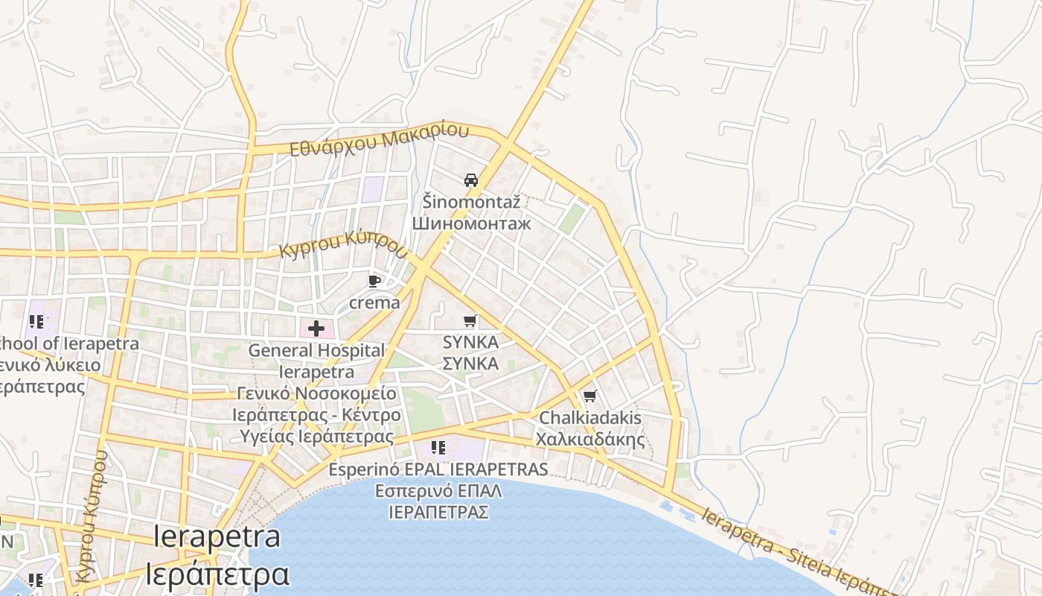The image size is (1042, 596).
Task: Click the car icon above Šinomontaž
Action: click(x=470, y=180)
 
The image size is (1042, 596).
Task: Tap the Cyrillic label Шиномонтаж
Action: click(x=471, y=223)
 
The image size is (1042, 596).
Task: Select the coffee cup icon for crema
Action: click(x=374, y=282)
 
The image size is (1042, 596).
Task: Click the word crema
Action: click(x=374, y=302)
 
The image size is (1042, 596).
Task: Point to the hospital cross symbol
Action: click(x=316, y=328)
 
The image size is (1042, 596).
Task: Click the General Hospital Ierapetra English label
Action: click(x=316, y=360)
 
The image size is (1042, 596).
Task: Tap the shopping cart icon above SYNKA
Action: click(x=470, y=321)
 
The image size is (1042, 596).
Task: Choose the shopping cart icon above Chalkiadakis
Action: click(x=589, y=396)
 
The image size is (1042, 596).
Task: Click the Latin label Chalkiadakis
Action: click(x=590, y=418)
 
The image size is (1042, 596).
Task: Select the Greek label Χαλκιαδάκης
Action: click(x=590, y=439)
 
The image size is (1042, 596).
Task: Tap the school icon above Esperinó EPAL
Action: click(x=438, y=448)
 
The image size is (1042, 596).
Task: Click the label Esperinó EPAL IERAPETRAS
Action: click(x=438, y=469)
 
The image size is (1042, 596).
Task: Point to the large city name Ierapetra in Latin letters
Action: click(x=217, y=537)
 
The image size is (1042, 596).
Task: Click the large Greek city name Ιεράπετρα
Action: click(x=217, y=574)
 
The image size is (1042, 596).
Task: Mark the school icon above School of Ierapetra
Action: click(x=36, y=322)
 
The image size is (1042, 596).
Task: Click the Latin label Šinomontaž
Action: click(x=471, y=201)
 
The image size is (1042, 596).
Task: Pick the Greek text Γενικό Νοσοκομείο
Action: click(x=317, y=393)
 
